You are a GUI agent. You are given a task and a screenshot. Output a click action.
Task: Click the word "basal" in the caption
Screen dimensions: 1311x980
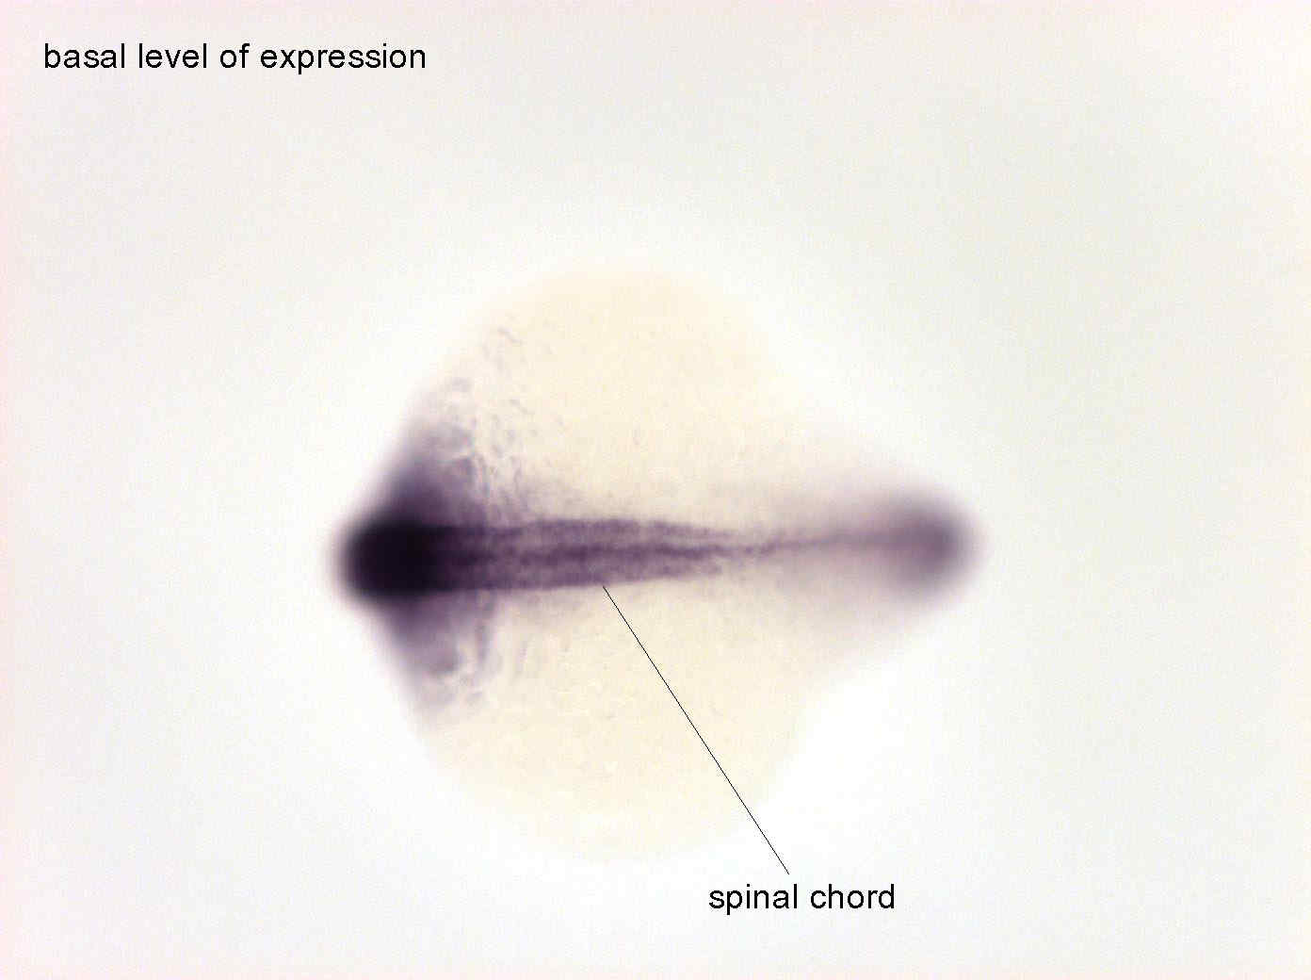tap(84, 57)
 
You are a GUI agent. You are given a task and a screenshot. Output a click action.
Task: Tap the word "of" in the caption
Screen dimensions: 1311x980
tap(234, 57)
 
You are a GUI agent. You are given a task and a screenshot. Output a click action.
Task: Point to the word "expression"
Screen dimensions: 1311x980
tap(343, 59)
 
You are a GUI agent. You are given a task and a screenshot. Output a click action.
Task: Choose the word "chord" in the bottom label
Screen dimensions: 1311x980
tap(852, 897)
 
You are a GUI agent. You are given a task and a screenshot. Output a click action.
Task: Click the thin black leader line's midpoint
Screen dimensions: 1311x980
tap(695, 730)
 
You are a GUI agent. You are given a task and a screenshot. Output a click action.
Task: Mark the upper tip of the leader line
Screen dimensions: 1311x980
tap(603, 586)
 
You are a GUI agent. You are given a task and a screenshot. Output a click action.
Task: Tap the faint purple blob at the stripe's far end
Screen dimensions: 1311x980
tap(926, 541)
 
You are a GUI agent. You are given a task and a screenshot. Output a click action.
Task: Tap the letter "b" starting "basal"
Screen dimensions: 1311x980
tap(52, 57)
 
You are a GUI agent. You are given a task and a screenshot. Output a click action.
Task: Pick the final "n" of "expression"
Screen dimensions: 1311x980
tap(418, 60)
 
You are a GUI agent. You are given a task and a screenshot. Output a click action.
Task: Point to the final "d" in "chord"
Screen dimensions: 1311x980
tap(887, 897)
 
